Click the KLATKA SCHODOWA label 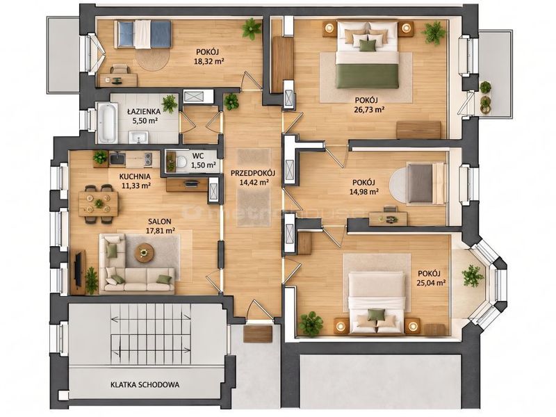pos(145,385)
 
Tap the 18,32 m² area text pos(209,60)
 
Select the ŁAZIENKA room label pos(144,111)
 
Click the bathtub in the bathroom pos(107,123)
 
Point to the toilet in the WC pos(181,162)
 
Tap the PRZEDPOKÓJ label pos(253,173)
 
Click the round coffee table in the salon pos(145,252)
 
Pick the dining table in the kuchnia pos(99,204)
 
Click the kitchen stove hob pos(148,159)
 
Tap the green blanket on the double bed pos(367,76)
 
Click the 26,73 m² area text pos(369,110)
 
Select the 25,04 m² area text pos(431,283)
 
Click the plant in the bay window pos(473,275)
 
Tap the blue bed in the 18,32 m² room pos(143,34)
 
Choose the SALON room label pos(160,222)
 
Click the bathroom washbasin pos(138,137)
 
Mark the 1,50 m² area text pos(204,165)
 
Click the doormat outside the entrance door pos(258,334)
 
